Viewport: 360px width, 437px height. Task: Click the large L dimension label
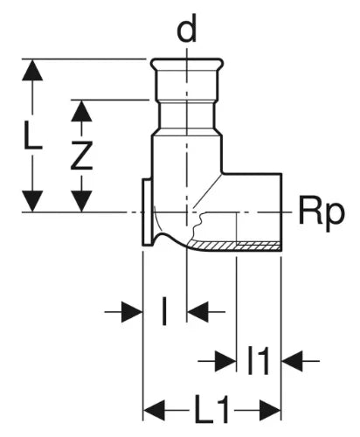click(x=32, y=135)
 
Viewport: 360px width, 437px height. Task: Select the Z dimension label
click(x=81, y=155)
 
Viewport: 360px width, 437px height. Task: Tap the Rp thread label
click(x=322, y=214)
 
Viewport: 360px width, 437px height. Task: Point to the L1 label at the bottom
click(x=211, y=410)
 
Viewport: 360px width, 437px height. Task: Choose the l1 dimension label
click(x=258, y=360)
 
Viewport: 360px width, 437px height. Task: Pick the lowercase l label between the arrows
click(x=164, y=311)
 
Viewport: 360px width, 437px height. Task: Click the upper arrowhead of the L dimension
click(x=32, y=70)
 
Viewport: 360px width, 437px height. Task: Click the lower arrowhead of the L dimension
click(x=32, y=201)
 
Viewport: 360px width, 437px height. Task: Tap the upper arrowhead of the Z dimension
click(x=81, y=111)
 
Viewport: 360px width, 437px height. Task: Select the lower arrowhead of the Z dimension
click(x=81, y=201)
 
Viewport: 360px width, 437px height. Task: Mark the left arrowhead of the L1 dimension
click(x=155, y=410)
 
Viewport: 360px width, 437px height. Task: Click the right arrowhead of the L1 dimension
click(x=270, y=410)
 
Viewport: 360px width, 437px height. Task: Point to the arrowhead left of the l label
click(x=132, y=312)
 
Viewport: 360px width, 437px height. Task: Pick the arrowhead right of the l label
click(x=197, y=312)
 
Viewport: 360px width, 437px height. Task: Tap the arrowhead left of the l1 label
click(x=225, y=361)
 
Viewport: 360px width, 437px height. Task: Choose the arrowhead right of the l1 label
click(x=293, y=361)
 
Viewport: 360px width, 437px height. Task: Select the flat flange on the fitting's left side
click(x=148, y=212)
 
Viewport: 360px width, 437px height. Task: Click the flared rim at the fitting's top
click(x=187, y=63)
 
